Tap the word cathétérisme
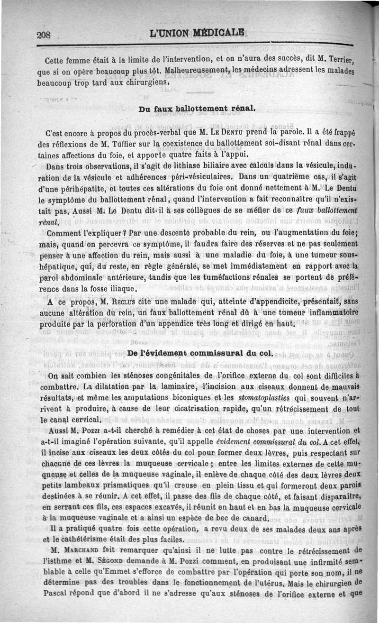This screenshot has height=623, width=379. (x=90, y=540)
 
